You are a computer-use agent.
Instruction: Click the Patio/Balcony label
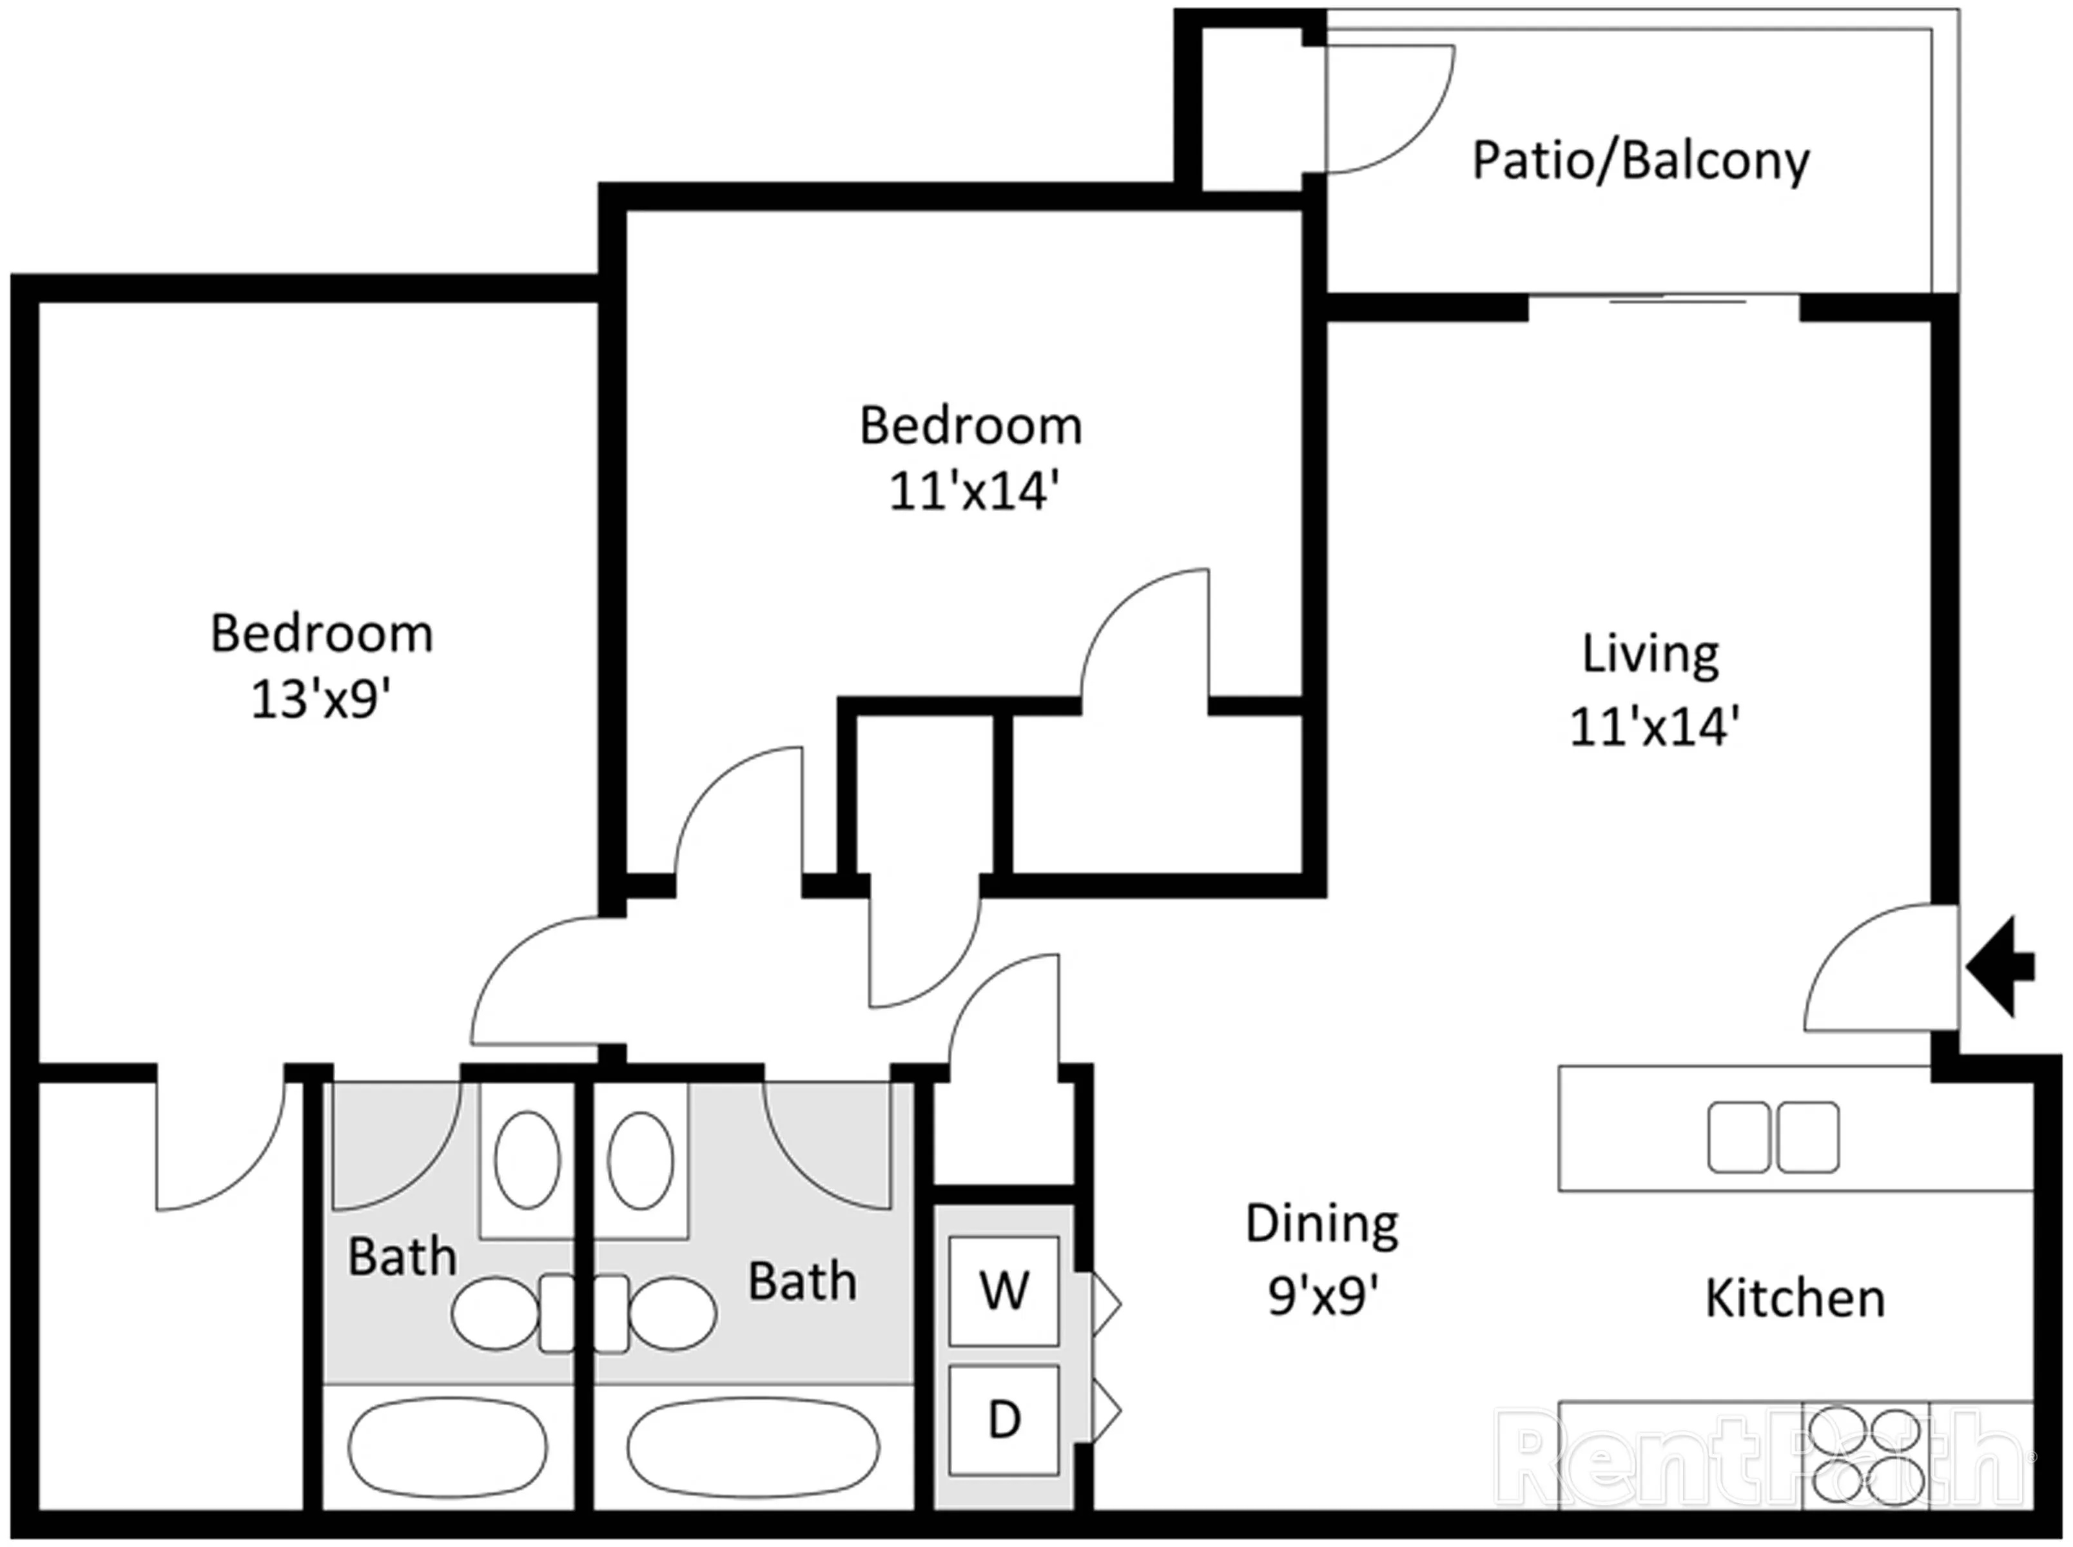(x=1640, y=161)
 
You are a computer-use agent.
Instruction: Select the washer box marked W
(x=1004, y=1290)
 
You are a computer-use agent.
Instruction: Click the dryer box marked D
(x=1004, y=1419)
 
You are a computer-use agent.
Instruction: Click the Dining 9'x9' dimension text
(x=1323, y=1296)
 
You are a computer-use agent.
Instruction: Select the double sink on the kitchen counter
(x=1773, y=1137)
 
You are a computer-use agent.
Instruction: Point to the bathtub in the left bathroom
(x=447, y=1448)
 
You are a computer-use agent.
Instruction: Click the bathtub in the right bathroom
(x=754, y=1448)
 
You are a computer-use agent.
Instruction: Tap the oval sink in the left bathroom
(x=527, y=1160)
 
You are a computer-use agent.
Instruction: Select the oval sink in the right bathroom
(x=641, y=1160)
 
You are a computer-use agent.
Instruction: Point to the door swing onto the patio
(x=1386, y=108)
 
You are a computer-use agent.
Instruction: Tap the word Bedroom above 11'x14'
(x=971, y=426)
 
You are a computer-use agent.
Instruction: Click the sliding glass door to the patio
(x=1664, y=302)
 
